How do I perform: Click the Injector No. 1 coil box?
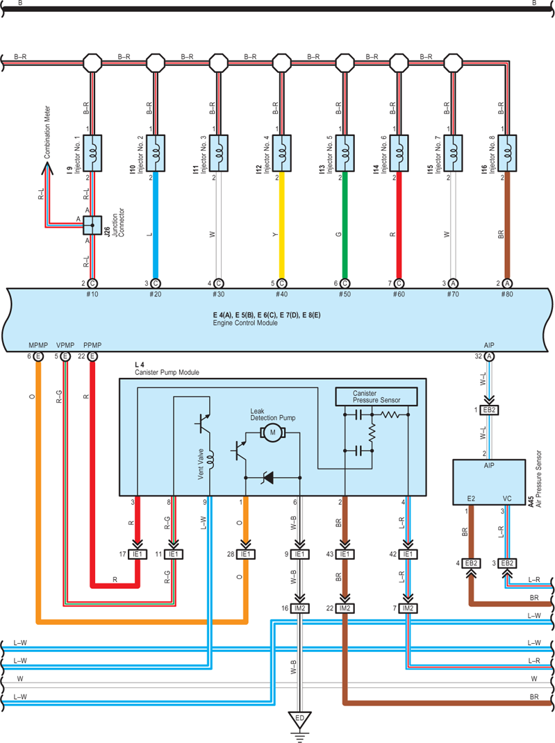92,153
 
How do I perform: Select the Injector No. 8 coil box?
507,153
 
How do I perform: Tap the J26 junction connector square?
92,225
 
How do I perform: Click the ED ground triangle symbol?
299,720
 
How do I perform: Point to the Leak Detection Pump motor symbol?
272,432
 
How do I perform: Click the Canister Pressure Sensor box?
376,396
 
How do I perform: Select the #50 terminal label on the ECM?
345,294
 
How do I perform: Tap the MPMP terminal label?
38,345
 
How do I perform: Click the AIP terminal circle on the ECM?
489,356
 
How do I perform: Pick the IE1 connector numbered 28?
245,554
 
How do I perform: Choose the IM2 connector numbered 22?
345,608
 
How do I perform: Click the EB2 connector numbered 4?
471,563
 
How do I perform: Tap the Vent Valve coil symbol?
210,459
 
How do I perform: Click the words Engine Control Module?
245,323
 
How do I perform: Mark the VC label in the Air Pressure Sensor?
506,499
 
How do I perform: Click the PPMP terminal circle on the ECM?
92,356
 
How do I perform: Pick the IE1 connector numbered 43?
345,554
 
